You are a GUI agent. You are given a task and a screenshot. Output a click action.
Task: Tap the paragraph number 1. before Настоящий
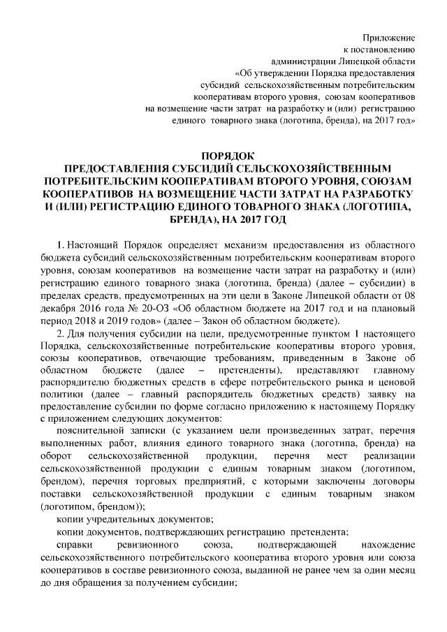point(61,246)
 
